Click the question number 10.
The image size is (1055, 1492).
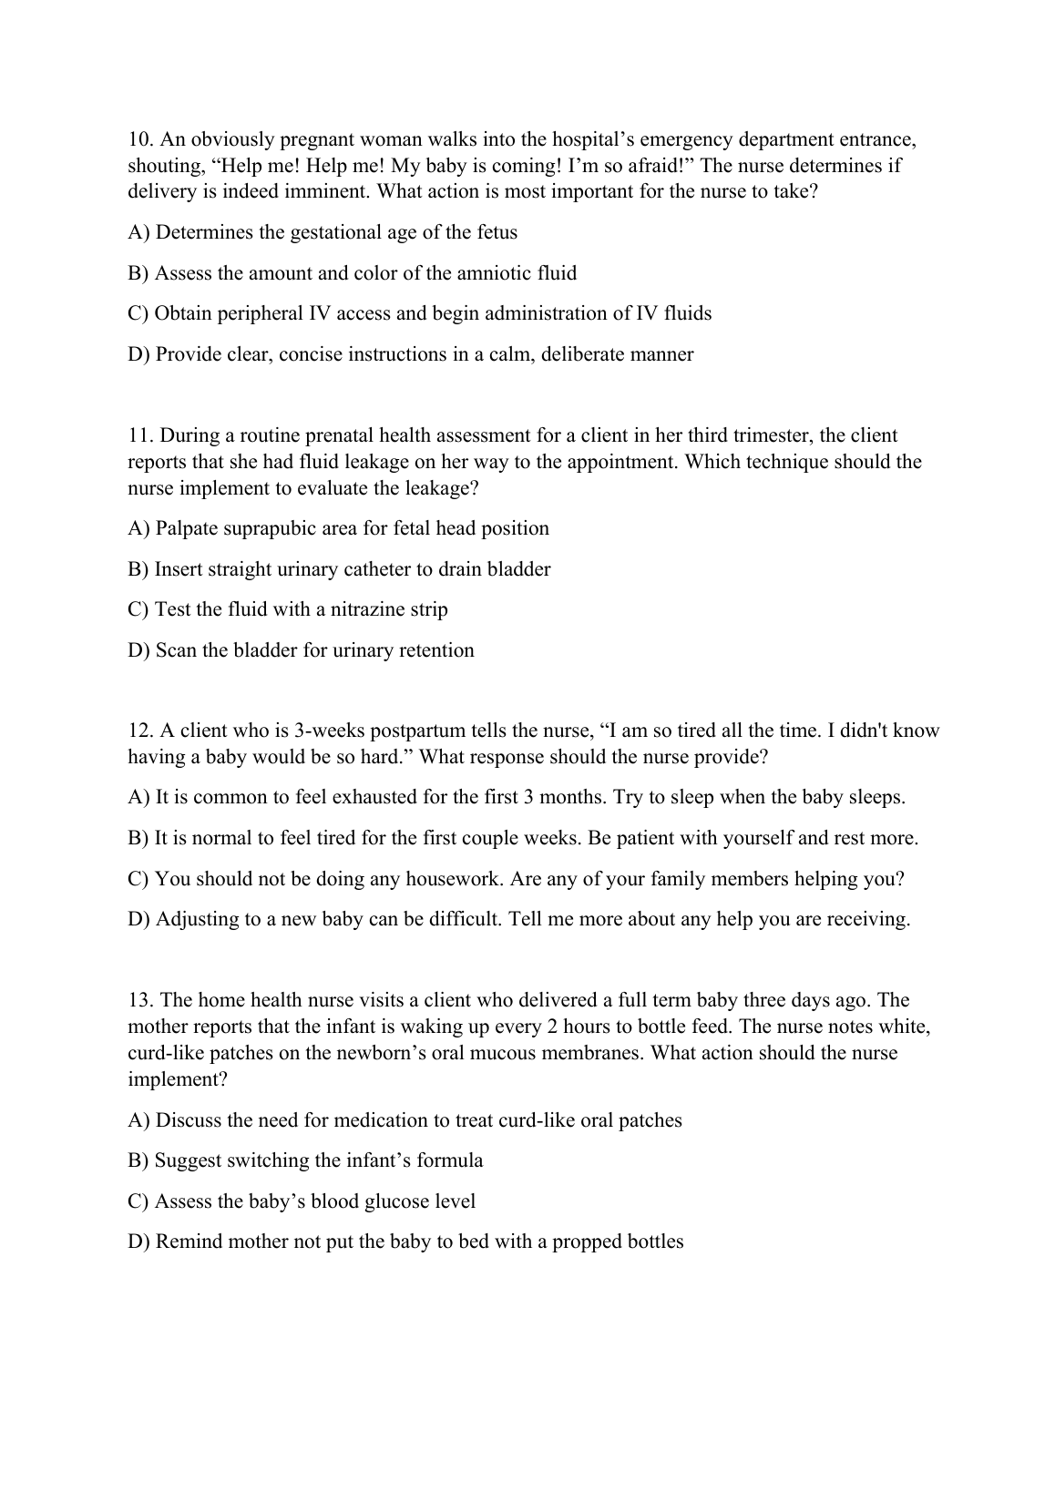pyautogui.click(x=140, y=139)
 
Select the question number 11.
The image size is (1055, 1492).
pyautogui.click(x=140, y=435)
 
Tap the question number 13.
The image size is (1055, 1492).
pyautogui.click(x=140, y=1000)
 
